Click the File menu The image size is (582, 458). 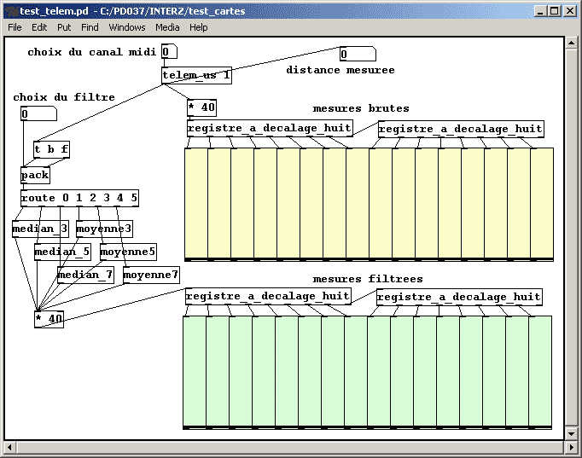point(15,27)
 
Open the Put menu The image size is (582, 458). point(64,27)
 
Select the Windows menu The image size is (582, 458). point(127,27)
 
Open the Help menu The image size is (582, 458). point(198,27)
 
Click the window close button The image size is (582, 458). point(569,10)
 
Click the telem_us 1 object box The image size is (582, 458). point(196,76)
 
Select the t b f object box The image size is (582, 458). point(51,150)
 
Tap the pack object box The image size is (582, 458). point(35,176)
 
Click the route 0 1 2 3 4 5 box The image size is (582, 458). point(79,199)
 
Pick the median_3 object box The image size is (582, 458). point(39,229)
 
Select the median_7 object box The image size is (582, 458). point(85,275)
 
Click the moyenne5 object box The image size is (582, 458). point(128,252)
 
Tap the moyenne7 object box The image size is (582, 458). point(151,275)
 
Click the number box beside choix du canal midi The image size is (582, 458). point(169,52)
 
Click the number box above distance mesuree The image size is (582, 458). point(357,55)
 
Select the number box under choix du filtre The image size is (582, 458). point(38,114)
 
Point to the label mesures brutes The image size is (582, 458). point(361,109)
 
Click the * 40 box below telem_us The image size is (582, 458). point(201,108)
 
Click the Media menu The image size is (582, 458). point(167,27)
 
